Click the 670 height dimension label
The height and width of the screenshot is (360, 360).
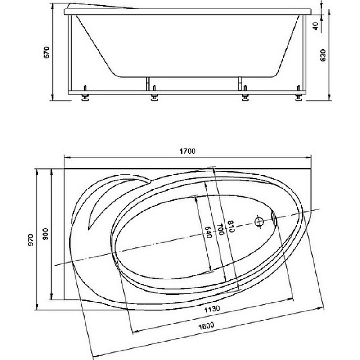[x=47, y=52]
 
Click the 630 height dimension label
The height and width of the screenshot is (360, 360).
[x=323, y=55]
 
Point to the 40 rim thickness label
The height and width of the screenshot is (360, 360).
[x=316, y=26]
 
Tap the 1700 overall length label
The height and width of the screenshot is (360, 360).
[x=188, y=151]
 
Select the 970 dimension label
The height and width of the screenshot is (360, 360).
[x=31, y=240]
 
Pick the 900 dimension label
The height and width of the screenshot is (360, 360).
[x=46, y=234]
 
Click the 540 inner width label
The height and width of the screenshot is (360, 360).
[x=208, y=232]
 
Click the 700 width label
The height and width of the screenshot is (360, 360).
[x=220, y=229]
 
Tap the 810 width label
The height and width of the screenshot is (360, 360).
[x=231, y=227]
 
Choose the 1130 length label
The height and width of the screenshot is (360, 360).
[x=212, y=309]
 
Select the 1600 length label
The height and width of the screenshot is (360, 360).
[x=206, y=326]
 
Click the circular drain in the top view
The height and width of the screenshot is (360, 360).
[x=259, y=222]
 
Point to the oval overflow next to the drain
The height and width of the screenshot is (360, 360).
[x=274, y=217]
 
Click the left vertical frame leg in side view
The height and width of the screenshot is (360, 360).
[x=70, y=53]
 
